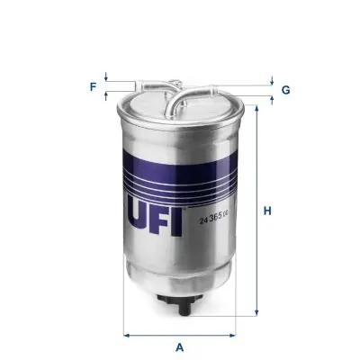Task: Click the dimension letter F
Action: [x=92, y=87]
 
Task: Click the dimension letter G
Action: [x=285, y=90]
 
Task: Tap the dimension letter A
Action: [x=180, y=346]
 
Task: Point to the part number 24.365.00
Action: [x=212, y=214]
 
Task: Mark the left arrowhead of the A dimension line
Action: [x=127, y=334]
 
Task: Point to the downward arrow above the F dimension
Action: [x=106, y=78]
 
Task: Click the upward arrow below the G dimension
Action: [x=272, y=97]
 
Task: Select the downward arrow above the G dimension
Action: [x=272, y=81]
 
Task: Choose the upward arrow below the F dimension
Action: [x=106, y=95]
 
